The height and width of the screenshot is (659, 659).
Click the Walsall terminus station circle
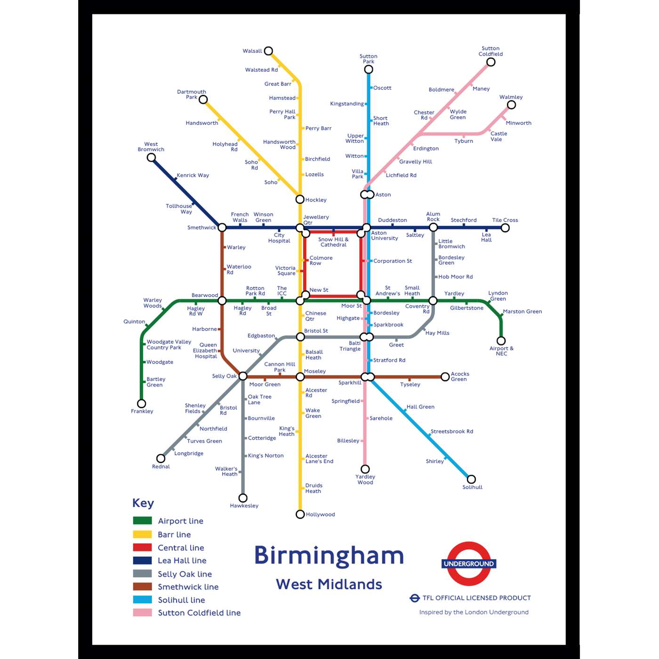[x=268, y=51]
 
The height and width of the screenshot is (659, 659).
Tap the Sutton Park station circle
[x=369, y=70]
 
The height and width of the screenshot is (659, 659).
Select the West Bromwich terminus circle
[x=151, y=157]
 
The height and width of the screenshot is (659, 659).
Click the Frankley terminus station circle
[x=141, y=403]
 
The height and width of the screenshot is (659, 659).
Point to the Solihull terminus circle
[x=471, y=479]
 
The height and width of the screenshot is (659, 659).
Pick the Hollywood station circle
[x=300, y=514]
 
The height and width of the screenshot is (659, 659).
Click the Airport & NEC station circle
[x=501, y=341]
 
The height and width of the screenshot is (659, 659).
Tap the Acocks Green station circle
[x=445, y=377]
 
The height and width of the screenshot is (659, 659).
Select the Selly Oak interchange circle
[x=243, y=376]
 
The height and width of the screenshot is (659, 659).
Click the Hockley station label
[x=316, y=200]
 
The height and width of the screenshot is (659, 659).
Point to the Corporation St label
[x=393, y=261]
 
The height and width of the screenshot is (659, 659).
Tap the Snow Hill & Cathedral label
[x=333, y=242]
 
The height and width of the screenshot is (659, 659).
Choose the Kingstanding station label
[x=347, y=104]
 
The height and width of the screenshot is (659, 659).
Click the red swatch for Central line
[x=142, y=547]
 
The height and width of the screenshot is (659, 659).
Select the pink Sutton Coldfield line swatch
[x=142, y=612]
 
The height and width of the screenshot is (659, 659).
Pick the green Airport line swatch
[x=142, y=521]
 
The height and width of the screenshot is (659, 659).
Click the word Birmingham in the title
[x=329, y=555]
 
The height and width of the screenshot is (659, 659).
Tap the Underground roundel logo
[x=469, y=563]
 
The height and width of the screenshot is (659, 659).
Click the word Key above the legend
[x=143, y=503]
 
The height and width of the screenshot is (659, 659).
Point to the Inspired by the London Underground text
[x=474, y=612]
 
